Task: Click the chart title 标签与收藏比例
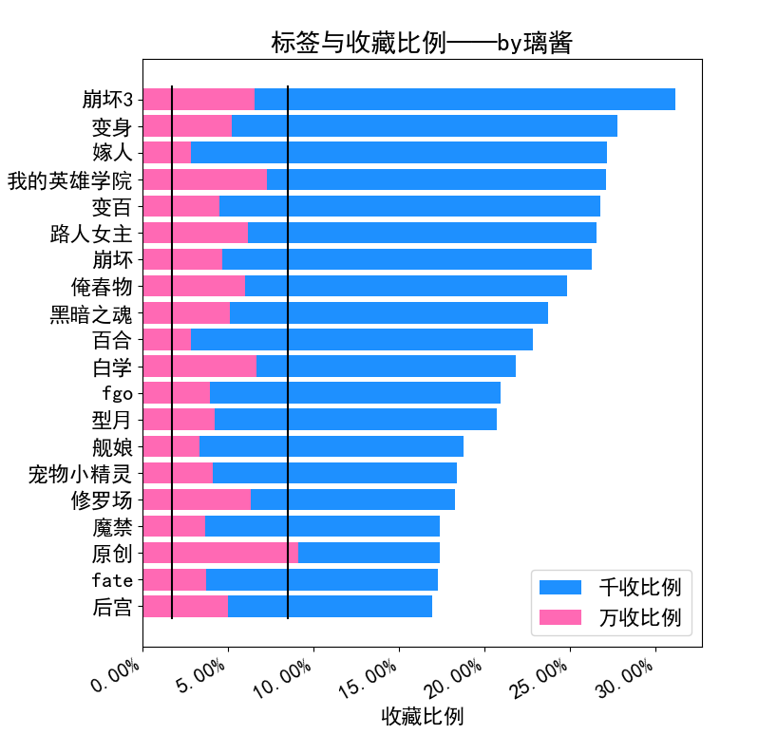coord(421,43)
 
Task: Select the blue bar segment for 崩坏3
coord(464,99)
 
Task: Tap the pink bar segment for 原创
coord(220,553)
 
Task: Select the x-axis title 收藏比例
coord(422,716)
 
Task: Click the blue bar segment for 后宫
coord(330,606)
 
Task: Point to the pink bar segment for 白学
coord(199,366)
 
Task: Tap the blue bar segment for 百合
coord(362,339)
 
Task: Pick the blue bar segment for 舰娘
coord(332,446)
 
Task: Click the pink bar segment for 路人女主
coord(196,233)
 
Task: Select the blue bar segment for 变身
coord(425,125)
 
